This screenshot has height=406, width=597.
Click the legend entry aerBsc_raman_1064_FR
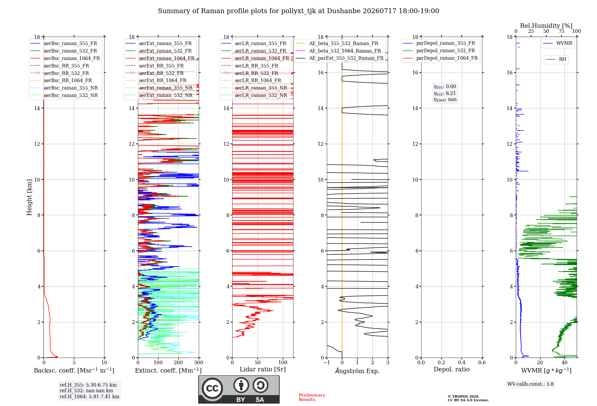point(65,58)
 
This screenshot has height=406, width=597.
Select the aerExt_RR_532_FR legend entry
point(155,73)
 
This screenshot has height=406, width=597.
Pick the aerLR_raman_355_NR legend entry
point(254,88)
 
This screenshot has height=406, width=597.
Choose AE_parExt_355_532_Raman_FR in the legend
point(340,58)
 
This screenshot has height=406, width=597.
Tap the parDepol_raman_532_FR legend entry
point(439,51)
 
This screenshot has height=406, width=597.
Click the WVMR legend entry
point(558,43)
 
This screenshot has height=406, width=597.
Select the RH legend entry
point(556,59)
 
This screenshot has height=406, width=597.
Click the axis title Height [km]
point(29,197)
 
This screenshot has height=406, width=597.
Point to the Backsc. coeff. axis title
point(74,370)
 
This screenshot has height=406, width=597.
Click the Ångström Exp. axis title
point(357,371)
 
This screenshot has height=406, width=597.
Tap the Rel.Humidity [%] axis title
point(546,26)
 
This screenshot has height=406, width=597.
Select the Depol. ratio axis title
point(452,369)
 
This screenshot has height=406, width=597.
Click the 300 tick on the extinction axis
point(199,362)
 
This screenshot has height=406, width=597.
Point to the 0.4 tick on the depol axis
point(462,362)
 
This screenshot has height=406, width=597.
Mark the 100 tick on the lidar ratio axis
point(283,362)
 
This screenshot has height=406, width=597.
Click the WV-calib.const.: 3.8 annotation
point(530,384)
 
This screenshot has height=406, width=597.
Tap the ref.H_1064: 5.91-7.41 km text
point(90,396)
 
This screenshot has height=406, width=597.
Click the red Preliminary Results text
point(312,397)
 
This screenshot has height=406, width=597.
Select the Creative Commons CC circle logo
point(212,388)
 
